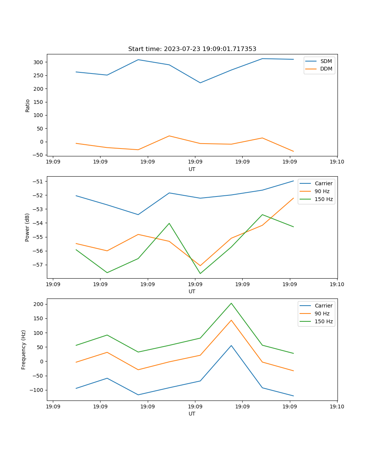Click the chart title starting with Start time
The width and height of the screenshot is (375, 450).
(x=192, y=49)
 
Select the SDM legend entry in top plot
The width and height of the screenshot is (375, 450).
(x=326, y=61)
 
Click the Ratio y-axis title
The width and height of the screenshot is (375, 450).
(x=27, y=105)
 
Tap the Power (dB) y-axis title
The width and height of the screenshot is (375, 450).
(x=27, y=227)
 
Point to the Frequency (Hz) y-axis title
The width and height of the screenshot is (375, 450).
(x=24, y=349)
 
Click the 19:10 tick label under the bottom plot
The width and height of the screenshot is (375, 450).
(x=337, y=406)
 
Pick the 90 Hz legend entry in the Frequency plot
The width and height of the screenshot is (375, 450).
(x=322, y=313)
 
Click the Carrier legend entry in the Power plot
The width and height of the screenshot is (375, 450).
(x=324, y=183)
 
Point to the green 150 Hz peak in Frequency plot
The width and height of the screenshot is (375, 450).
(x=231, y=303)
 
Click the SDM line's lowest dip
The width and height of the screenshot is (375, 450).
(x=200, y=83)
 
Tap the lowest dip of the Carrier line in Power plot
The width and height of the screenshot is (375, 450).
(x=138, y=214)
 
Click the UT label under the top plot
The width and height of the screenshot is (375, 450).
(x=192, y=169)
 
